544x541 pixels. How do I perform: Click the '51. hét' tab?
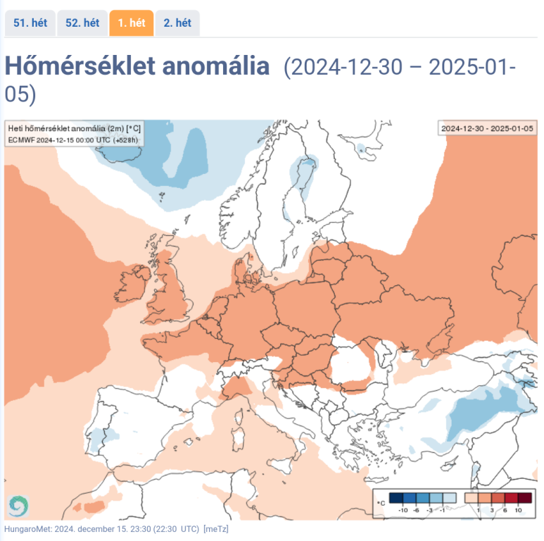[x=30, y=23]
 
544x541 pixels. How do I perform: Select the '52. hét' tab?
[x=82, y=23]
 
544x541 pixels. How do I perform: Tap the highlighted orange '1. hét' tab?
[x=132, y=23]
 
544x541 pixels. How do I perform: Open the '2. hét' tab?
[x=177, y=23]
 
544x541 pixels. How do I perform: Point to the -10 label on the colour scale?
[x=403, y=509]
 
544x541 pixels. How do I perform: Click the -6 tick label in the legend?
[x=418, y=509]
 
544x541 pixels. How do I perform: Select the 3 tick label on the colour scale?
[x=492, y=509]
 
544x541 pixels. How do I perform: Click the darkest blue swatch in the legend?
[x=396, y=497]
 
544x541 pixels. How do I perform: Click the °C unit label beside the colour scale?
[x=380, y=502]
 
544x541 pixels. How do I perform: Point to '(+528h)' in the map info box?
[x=126, y=140]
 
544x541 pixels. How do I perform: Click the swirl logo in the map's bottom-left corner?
[x=18, y=505]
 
